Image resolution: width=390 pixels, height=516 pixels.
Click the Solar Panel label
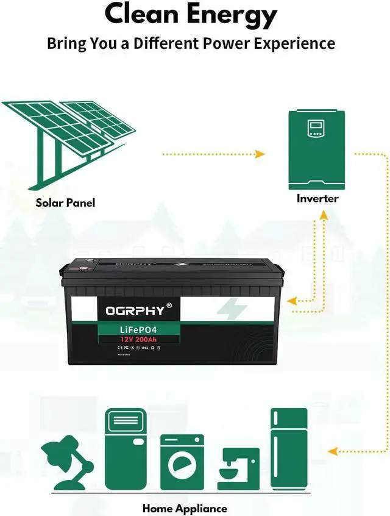(65, 202)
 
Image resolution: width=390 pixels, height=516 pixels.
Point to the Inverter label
(317, 198)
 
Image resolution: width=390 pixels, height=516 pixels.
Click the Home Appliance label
(185, 508)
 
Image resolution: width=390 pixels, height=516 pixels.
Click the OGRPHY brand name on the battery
(135, 310)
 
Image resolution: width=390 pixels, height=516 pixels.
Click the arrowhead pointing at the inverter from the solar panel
(260, 154)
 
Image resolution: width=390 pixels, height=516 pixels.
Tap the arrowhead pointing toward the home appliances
(332, 451)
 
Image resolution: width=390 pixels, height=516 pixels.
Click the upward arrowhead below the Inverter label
(322, 215)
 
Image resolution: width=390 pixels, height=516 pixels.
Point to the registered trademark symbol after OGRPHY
(169, 305)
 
